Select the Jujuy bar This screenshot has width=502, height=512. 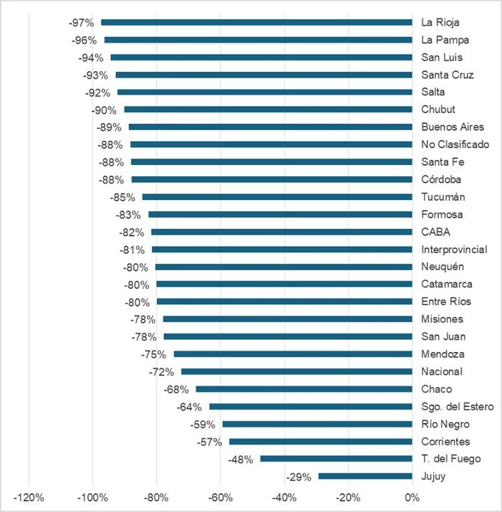[x=365, y=476]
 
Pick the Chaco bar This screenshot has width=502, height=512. [x=304, y=389]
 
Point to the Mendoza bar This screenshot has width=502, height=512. [x=292, y=354]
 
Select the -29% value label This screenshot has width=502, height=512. [x=298, y=477]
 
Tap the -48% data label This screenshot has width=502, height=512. [x=240, y=459]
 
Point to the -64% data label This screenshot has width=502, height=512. [x=189, y=407]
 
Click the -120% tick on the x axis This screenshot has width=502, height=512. [x=29, y=496]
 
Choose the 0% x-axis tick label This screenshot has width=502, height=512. [x=412, y=496]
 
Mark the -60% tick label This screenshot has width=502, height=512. [x=220, y=496]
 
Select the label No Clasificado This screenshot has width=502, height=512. [x=454, y=144]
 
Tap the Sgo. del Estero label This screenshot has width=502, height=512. [x=455, y=407]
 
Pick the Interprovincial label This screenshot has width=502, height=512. [x=454, y=250]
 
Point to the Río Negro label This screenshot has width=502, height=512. [x=445, y=425]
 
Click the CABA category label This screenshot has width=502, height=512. [x=435, y=232]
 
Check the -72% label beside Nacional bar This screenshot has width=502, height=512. [x=161, y=372]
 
